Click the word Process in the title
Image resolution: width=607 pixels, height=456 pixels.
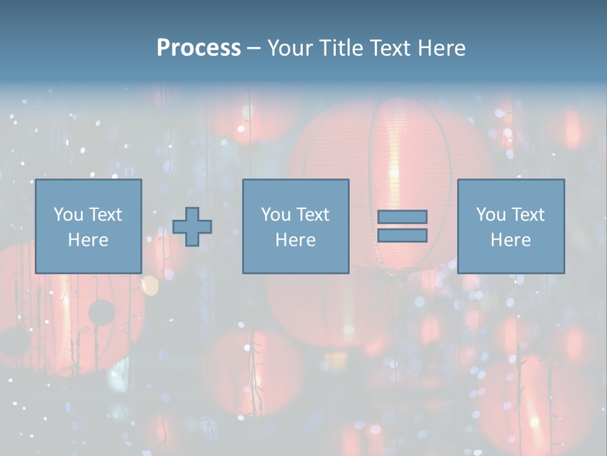199,48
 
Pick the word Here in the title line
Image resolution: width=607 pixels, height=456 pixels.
442,48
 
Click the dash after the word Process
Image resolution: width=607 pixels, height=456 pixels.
254,49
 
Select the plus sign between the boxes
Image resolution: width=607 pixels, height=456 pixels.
192,227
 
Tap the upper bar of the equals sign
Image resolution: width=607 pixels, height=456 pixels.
402,217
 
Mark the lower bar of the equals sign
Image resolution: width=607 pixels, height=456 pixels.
402,236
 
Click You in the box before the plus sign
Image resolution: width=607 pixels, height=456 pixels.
68,215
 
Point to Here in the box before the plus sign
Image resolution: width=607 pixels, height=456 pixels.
88,240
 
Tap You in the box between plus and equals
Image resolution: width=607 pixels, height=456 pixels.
276,215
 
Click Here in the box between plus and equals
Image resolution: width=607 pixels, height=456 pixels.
295,240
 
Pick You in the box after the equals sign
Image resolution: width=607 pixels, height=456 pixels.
491,215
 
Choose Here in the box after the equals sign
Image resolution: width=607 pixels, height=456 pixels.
510,240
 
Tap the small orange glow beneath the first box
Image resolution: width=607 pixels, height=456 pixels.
149,286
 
